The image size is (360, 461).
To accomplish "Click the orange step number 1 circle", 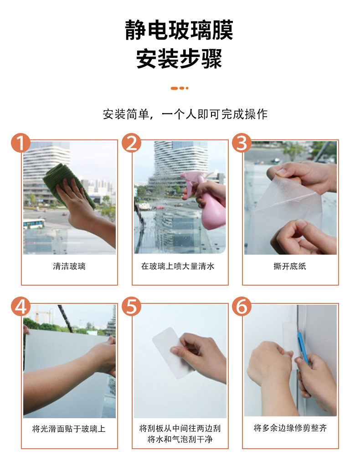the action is click(21, 143).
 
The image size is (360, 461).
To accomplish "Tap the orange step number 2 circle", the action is click(132, 143).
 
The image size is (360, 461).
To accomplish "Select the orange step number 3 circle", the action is click(242, 143).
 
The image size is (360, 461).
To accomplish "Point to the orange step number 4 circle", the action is click(21, 307).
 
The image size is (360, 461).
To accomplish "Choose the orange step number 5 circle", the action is click(132, 307).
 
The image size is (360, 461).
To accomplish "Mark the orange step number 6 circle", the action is click(242, 307).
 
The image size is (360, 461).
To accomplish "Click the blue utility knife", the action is click(303, 348).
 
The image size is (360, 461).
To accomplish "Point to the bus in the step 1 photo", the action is click(34, 224).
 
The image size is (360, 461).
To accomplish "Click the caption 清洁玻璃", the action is click(69, 266).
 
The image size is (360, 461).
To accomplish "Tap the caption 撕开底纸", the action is click(290, 266).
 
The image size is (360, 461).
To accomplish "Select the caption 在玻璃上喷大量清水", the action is click(178, 266).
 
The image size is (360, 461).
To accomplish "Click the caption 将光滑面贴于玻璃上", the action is click(69, 429).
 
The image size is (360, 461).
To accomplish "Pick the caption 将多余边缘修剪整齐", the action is click(290, 428).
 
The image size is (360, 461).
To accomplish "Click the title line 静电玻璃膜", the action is click(179, 30).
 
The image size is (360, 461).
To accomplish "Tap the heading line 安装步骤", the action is click(179, 59).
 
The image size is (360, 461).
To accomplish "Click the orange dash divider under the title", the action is click(180, 88).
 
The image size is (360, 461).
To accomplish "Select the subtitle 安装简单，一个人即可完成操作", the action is click(185, 114).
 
